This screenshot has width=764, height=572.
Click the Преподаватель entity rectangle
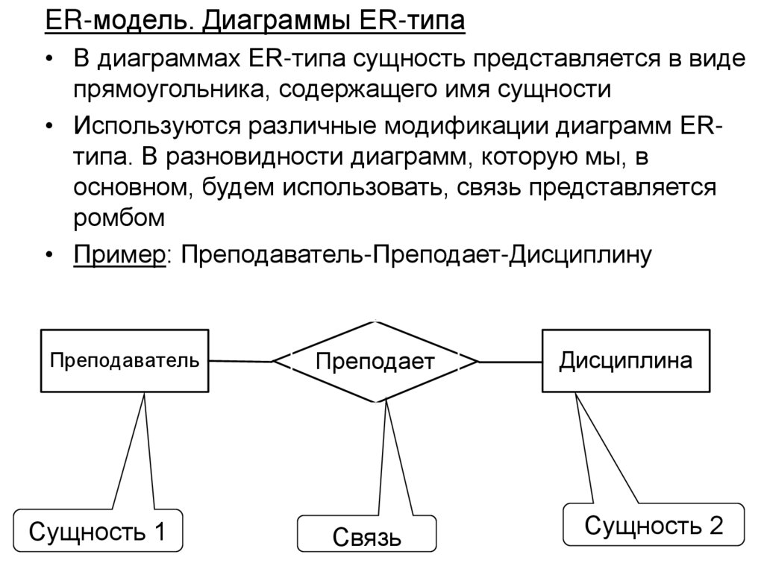tap(125, 362)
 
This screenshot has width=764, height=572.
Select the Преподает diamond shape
tap(375, 362)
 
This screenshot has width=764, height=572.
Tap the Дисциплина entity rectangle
tap(625, 362)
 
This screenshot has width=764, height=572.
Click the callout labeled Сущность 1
tap(97, 532)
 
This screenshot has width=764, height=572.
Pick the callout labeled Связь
tap(367, 538)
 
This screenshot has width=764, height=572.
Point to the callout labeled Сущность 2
tap(654, 526)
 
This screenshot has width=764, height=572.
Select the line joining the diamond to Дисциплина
tap(510, 362)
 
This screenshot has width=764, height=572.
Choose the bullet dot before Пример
tap(48, 255)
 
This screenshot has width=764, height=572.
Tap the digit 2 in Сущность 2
tap(716, 526)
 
